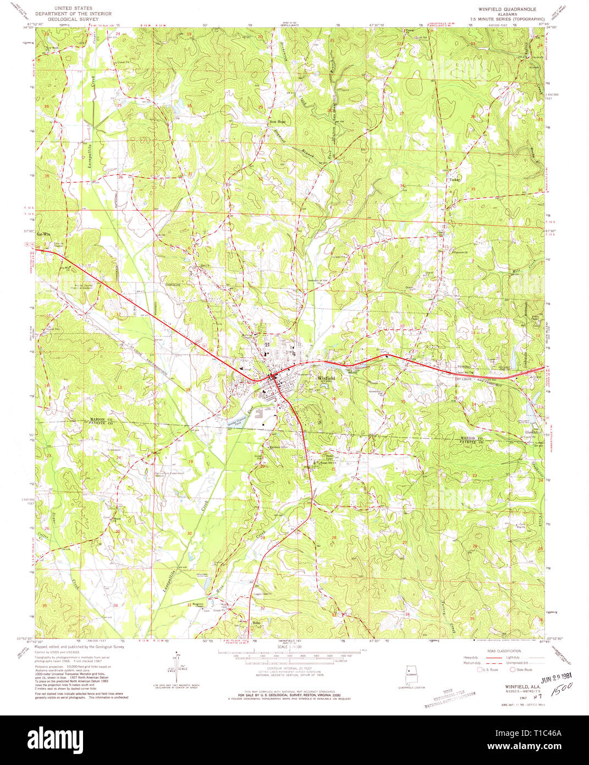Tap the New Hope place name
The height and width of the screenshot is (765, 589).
tap(277, 122)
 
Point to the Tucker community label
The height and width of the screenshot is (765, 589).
tap(454, 180)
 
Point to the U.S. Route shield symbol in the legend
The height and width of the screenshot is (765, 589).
tap(480, 670)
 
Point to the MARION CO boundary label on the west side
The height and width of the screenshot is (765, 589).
tap(101, 420)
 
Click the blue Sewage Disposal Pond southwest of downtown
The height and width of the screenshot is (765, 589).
tap(240, 422)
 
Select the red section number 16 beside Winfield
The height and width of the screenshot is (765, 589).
tap(333, 398)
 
